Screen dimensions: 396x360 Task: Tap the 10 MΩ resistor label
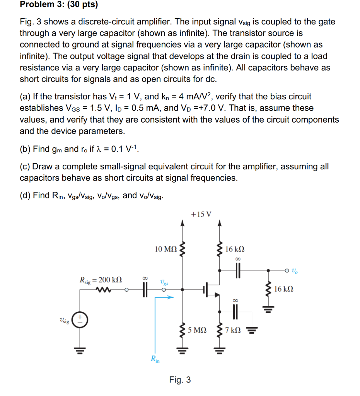[x=166, y=249]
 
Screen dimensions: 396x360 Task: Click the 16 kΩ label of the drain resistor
[x=235, y=249]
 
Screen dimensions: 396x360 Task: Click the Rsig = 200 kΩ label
[x=101, y=279]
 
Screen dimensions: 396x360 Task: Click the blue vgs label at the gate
[x=164, y=282]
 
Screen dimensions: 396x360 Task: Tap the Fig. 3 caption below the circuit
[x=180, y=380]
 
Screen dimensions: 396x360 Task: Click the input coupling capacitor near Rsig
[x=145, y=289]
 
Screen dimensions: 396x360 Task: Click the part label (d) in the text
[x=25, y=195]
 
